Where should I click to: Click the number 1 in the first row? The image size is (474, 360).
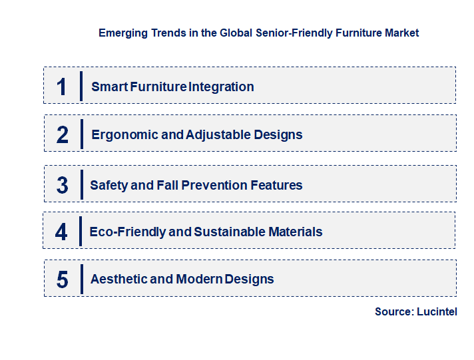[62, 87]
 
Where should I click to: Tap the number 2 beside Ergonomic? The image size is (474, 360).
[63, 134]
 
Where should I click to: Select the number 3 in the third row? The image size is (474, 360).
[63, 185]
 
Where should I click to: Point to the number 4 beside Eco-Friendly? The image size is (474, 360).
[62, 232]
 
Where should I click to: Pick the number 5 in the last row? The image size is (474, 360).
[63, 279]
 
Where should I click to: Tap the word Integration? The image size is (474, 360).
[222, 87]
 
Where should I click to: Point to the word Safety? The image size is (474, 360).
[109, 185]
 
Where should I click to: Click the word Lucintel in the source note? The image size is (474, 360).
[437, 311]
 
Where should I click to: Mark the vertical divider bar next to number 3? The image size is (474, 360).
[81, 184]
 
